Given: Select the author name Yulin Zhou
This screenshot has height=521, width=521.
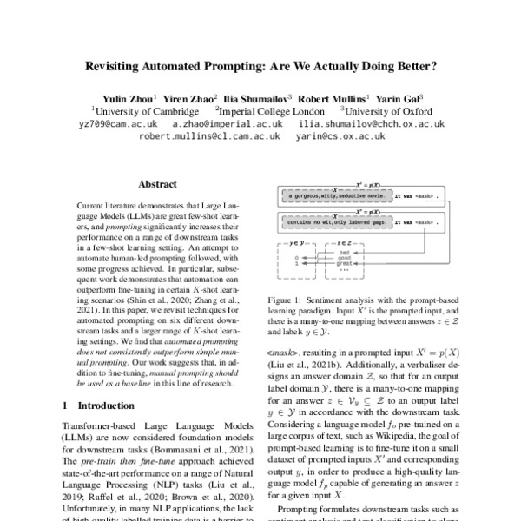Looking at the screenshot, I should [126, 99].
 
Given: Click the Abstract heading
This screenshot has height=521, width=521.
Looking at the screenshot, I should [159, 185].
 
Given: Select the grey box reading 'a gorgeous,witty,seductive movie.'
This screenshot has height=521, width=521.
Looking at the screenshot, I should [335, 198].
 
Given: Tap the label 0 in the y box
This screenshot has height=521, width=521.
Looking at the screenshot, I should [296, 258].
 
